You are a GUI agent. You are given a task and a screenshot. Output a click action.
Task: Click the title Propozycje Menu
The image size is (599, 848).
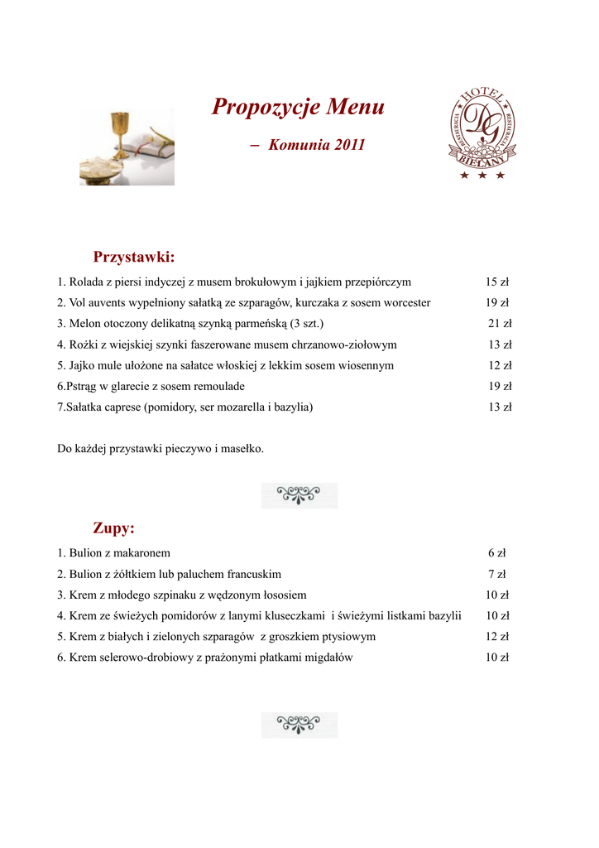[298, 108]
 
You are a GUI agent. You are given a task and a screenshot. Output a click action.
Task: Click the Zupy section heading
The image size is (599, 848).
[114, 528]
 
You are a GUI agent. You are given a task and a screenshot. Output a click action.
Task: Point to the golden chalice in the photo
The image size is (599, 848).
[121, 132]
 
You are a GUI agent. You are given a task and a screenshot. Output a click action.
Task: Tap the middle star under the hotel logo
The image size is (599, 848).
[482, 176]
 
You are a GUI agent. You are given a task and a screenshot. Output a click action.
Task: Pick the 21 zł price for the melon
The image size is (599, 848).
[500, 324]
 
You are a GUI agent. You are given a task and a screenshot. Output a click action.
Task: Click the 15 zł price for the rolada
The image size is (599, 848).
[497, 282]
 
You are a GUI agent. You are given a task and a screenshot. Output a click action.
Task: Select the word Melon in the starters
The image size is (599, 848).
[84, 324]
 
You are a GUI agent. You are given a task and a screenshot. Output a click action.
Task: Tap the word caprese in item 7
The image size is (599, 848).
[124, 407]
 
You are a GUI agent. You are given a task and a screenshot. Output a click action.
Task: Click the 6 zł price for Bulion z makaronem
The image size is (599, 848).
[497, 553]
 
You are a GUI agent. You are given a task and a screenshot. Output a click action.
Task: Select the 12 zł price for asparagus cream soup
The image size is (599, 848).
[497, 637]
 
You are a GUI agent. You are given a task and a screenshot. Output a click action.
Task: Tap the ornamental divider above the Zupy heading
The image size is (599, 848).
[299, 495]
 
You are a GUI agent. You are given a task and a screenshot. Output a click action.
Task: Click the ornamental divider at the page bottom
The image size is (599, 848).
[299, 725]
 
